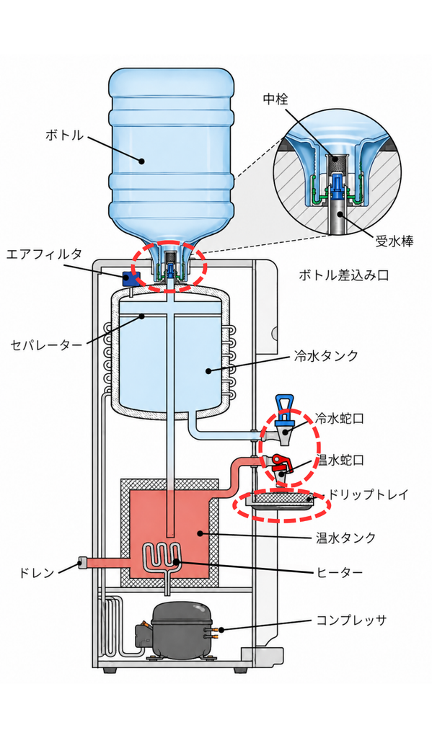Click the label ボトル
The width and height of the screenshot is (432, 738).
[64, 135]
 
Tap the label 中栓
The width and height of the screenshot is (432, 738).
[275, 99]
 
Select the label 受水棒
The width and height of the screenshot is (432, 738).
[394, 241]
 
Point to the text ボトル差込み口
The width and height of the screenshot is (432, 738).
[343, 275]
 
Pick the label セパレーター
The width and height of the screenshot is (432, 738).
[46, 345]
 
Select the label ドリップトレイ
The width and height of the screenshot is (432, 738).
[368, 494]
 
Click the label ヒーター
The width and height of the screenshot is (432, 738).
[339, 572]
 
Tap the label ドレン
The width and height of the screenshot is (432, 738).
[37, 573]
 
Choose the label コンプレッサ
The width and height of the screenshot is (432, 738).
[351, 619]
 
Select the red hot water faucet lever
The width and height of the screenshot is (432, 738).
[282, 461]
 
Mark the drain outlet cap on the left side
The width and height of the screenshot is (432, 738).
[83, 561]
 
